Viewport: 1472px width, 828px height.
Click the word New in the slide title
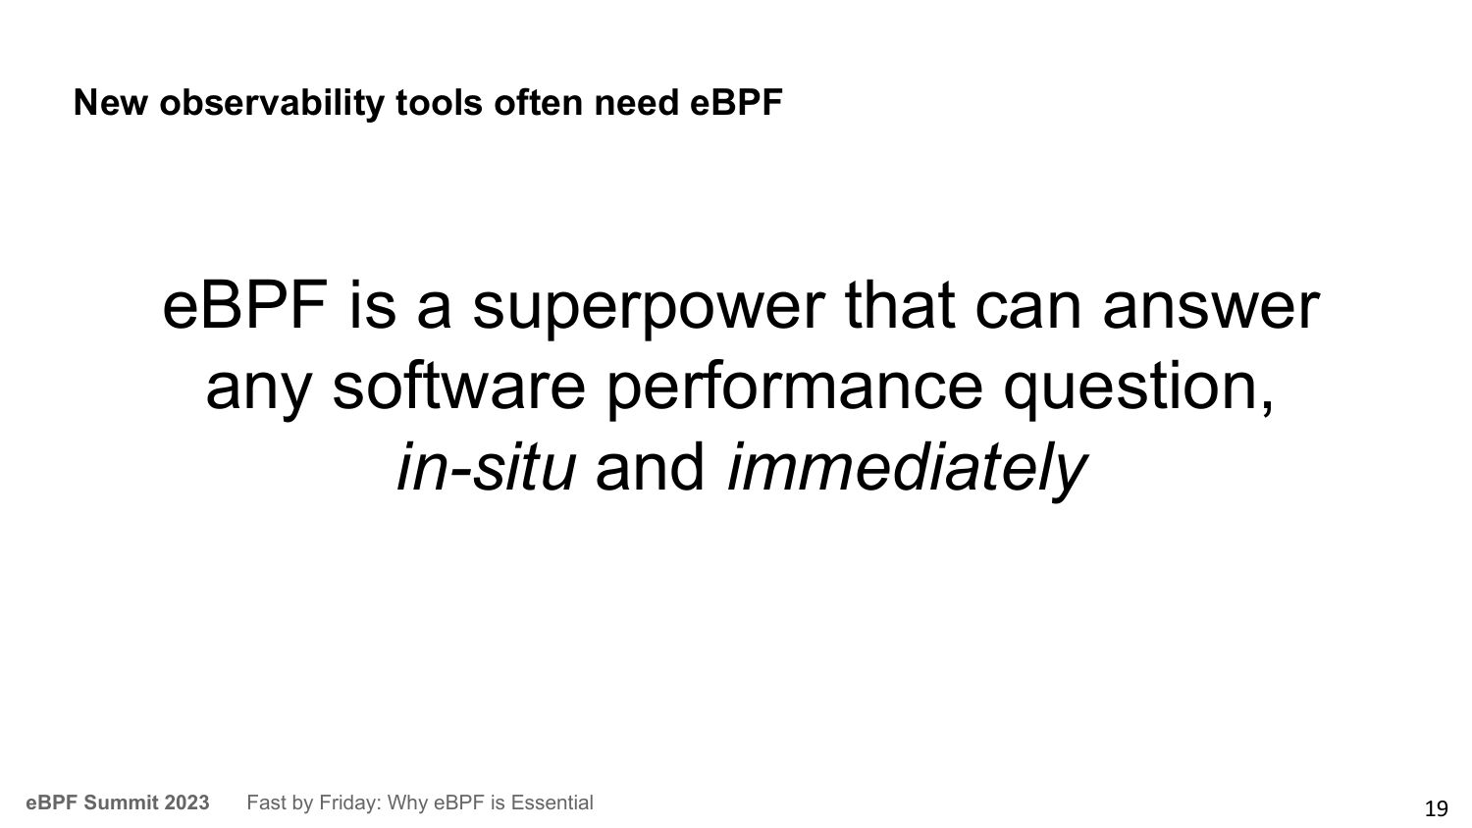pos(110,102)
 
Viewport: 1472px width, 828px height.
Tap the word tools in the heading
pos(439,103)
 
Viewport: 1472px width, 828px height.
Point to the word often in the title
pos(538,102)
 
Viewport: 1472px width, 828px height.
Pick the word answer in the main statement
pos(1211,307)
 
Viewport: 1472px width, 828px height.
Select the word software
pos(458,387)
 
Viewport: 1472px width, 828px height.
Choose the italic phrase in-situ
pos(487,467)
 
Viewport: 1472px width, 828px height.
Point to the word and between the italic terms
pos(650,467)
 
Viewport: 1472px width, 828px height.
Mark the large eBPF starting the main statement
pos(245,306)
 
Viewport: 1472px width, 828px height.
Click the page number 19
pos(1437,808)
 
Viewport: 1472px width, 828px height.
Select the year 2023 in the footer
pos(187,802)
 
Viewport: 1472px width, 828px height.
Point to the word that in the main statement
pos(900,306)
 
